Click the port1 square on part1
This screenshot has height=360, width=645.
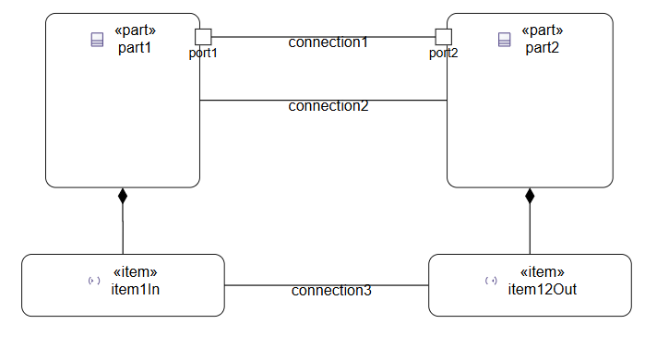tap(204, 37)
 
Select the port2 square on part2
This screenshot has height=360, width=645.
tap(444, 37)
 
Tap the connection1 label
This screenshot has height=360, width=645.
tap(328, 42)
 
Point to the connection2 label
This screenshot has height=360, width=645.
tap(328, 105)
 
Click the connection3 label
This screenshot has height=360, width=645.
tap(331, 291)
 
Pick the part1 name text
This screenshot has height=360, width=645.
tap(134, 47)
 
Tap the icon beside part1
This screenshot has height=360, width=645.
tap(96, 39)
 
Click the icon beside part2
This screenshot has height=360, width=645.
tap(504, 39)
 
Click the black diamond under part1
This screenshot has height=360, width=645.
tap(123, 195)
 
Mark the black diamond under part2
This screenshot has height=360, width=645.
tap(530, 195)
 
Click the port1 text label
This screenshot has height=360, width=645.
tap(203, 53)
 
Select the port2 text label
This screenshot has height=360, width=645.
tap(444, 53)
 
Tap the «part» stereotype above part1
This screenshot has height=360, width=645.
tap(134, 31)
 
